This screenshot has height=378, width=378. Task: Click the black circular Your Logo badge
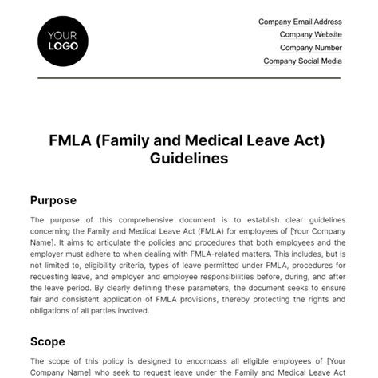point(63,40)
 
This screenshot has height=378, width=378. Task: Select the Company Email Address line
point(301,22)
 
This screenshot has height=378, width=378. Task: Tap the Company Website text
point(311,35)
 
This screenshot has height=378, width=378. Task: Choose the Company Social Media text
point(303,61)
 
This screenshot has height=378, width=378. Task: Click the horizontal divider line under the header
point(188,77)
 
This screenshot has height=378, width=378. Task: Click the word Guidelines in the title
point(188,158)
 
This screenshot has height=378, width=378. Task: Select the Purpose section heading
point(54,200)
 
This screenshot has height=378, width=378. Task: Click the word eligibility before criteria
point(86,266)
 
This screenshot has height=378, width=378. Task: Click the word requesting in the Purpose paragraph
point(53,277)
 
